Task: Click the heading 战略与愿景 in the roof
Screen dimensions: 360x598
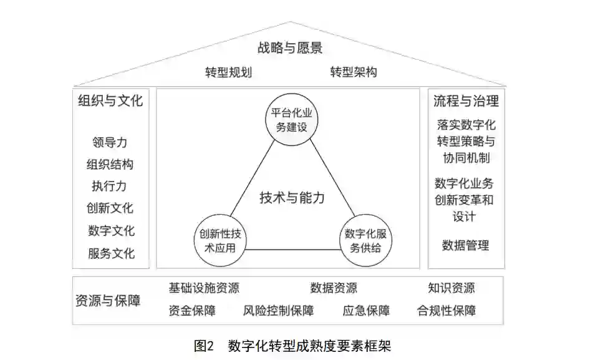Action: point(290,47)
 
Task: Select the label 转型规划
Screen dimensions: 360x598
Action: point(228,72)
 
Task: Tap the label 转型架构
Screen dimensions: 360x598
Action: point(353,72)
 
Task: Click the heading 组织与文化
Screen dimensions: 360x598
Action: point(110,101)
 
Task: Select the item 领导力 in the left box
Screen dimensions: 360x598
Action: point(110,143)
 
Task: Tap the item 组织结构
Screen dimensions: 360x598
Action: point(110,165)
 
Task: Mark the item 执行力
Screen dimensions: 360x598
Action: point(110,187)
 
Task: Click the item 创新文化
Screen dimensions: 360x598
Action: point(110,208)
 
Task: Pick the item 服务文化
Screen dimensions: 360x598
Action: point(110,253)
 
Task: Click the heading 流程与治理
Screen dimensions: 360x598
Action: point(466,101)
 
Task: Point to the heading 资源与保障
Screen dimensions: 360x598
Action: point(108,300)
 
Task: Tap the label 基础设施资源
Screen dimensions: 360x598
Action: point(204,288)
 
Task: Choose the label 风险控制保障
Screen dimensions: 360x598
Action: point(278,310)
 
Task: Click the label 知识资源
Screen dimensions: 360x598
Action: point(451,288)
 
